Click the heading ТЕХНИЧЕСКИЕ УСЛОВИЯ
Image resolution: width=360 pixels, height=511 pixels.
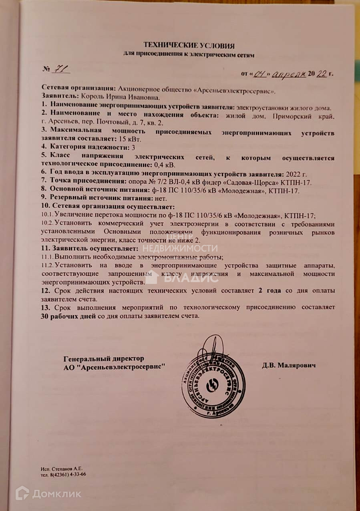pos(189,46)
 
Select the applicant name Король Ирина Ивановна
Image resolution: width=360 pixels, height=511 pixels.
pos(121,97)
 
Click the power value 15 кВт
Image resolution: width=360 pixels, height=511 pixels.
pos(132,139)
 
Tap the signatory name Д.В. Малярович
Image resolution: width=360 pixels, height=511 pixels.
pos(289,366)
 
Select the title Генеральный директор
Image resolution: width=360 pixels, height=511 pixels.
pos(104,359)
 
